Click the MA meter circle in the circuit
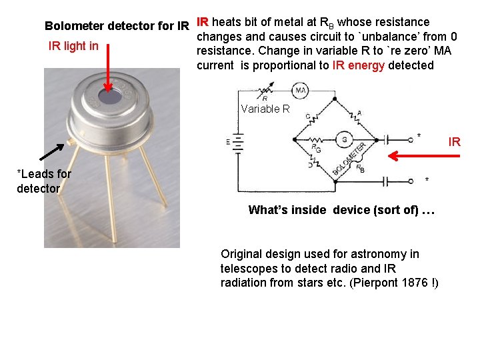click(x=300, y=91)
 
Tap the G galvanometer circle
click(x=344, y=139)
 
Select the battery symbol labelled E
click(x=239, y=141)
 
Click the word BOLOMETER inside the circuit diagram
click(x=351, y=159)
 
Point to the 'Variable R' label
click(x=265, y=109)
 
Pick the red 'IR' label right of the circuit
click(x=454, y=142)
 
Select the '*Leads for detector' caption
click(x=43, y=181)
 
